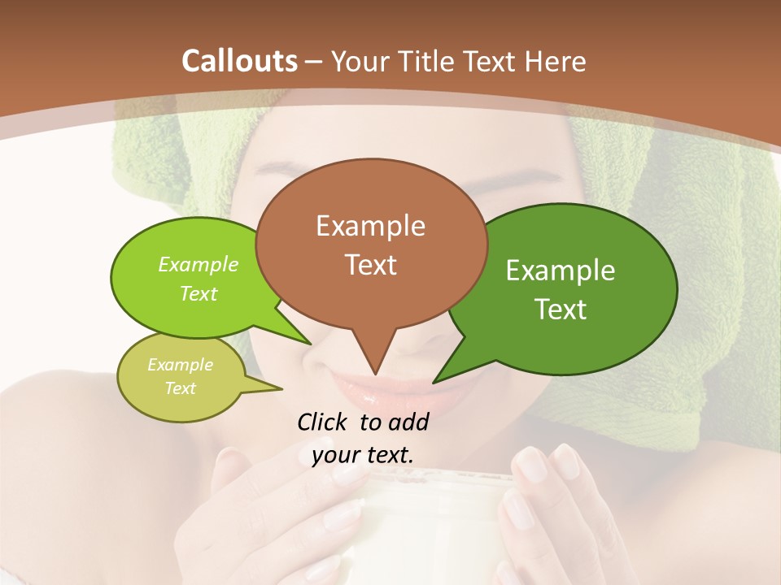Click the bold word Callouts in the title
239,61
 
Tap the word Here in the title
556,61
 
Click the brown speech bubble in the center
371,244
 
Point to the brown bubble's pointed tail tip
375,373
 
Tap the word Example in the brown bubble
370,226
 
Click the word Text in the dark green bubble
561,310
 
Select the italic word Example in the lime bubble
198,265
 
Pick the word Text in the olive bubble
180,388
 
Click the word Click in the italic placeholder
324,422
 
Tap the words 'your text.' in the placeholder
362,455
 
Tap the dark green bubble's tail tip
435,381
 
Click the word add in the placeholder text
408,422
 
